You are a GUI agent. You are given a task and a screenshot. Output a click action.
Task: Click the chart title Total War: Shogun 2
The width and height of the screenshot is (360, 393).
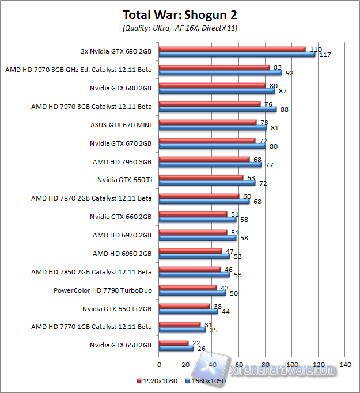tap(180, 15)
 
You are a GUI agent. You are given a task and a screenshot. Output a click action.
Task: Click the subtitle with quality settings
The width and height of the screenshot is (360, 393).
tap(180, 28)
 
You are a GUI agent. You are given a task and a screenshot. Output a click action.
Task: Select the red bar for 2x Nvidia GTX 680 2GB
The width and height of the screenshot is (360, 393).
tap(232, 48)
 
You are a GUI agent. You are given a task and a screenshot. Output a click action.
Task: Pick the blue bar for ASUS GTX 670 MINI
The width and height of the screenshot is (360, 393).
tap(213, 127)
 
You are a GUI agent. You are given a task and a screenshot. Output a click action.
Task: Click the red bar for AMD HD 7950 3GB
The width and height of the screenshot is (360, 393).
tap(204, 159)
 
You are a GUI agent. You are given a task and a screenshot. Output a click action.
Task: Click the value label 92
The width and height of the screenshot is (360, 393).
tap(290, 73)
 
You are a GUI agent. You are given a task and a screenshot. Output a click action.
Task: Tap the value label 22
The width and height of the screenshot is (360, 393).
tap(196, 343)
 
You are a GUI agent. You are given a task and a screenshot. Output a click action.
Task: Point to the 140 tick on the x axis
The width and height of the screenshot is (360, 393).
tap(346, 365)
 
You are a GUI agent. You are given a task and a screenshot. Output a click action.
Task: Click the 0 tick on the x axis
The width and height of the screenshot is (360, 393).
tap(159, 365)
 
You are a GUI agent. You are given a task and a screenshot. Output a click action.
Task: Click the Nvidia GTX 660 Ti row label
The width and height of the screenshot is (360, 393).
tap(124, 180)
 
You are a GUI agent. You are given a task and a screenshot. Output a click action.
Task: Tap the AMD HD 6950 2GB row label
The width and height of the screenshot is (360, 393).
tap(122, 253)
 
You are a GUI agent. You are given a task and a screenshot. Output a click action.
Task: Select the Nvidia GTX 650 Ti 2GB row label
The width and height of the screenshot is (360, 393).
tap(117, 308)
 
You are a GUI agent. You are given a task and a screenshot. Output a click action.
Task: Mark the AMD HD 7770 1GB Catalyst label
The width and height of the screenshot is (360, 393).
tap(92, 327)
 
